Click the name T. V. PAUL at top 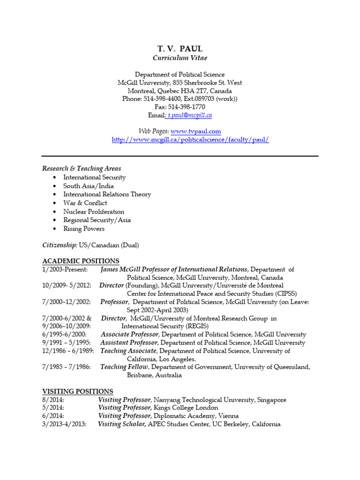(180, 48)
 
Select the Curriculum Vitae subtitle (180, 58)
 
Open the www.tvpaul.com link (195, 132)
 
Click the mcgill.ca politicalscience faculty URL (190, 140)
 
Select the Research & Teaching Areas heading (82, 169)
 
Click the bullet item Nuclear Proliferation (94, 211)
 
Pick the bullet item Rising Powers (84, 229)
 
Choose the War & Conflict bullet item (85, 203)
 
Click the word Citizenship (59, 245)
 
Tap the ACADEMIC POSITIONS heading (81, 261)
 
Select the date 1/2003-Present (65, 270)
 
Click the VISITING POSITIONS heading (77, 391)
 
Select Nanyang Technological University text (204, 400)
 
